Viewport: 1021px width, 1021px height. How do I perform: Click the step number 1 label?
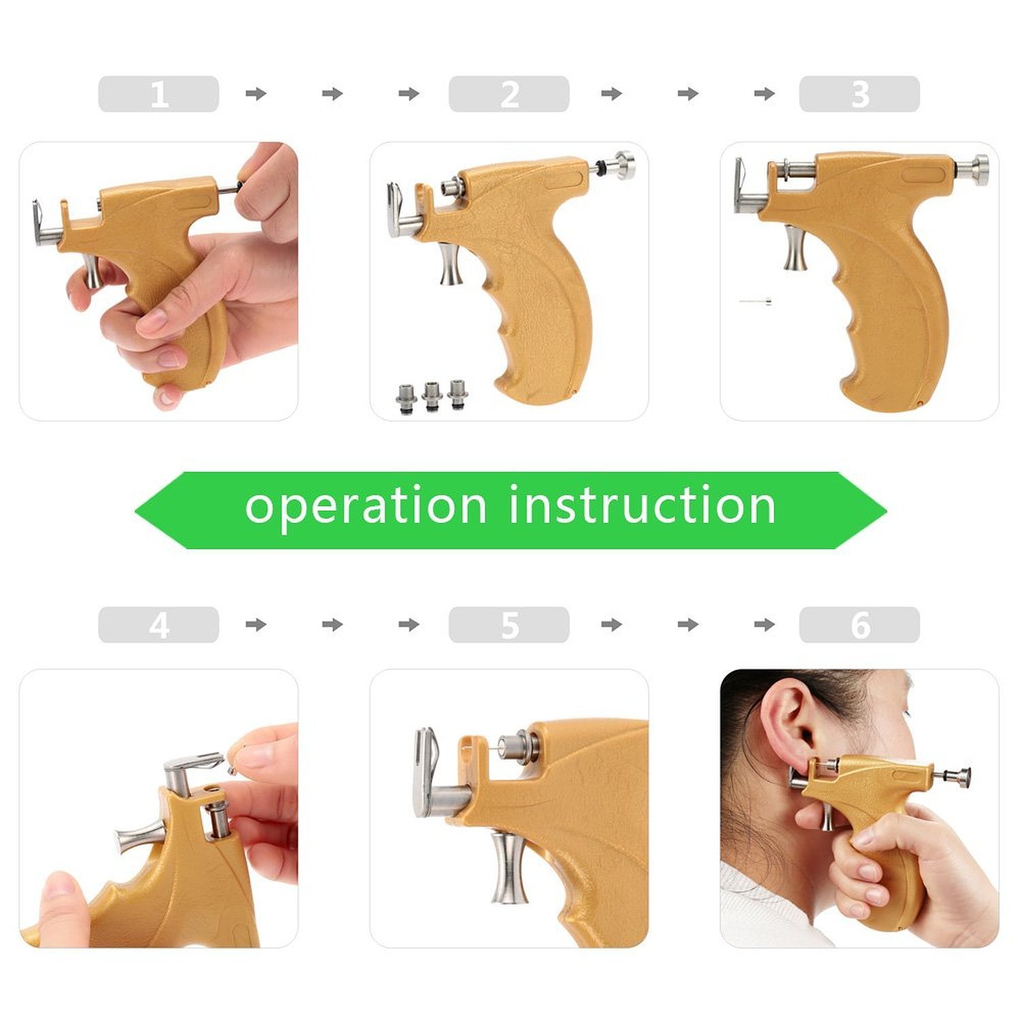(159, 94)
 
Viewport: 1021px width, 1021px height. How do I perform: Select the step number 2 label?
(509, 94)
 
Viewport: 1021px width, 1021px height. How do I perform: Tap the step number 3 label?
(860, 94)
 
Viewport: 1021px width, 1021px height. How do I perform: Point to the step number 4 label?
(159, 625)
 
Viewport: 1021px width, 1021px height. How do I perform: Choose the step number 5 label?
(509, 625)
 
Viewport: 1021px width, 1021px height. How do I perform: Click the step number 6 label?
(860, 625)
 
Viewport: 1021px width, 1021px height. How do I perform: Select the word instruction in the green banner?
(643, 506)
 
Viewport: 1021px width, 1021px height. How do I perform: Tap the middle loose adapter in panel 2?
(432, 395)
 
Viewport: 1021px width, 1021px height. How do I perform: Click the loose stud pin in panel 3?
(756, 301)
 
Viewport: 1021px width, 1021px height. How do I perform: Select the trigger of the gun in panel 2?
(450, 265)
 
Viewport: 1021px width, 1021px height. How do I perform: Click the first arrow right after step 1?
(256, 94)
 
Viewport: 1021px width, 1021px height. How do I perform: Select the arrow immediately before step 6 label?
(764, 625)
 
